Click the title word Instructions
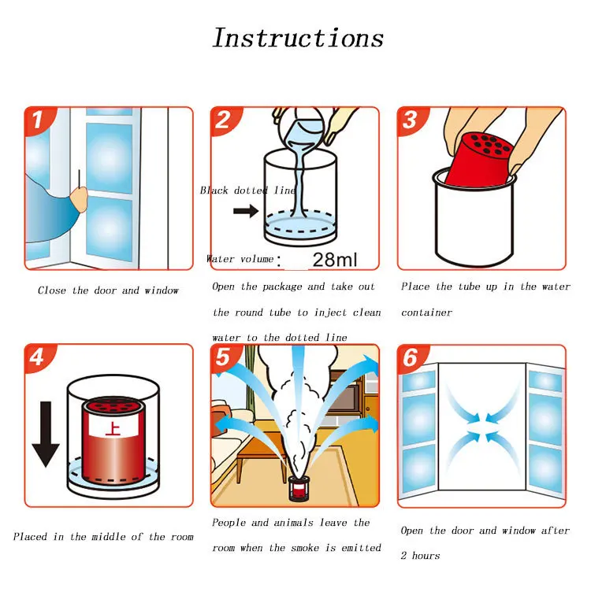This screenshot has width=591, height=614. tap(298, 38)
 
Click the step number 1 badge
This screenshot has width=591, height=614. tap(39, 120)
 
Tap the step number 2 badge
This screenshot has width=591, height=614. tap(224, 120)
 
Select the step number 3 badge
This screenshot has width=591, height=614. tap(411, 120)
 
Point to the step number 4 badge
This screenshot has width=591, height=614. tap(39, 357)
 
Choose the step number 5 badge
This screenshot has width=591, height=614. tap(224, 357)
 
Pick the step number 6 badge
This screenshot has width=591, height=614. tap(411, 357)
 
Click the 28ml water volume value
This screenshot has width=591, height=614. tap(335, 260)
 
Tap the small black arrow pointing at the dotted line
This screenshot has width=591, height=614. tap(246, 212)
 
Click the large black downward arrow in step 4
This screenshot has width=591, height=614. tap(46, 434)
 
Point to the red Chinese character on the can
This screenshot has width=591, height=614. tap(113, 430)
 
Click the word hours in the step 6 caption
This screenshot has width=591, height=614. tap(426, 556)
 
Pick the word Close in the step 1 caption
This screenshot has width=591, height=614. tap(52, 290)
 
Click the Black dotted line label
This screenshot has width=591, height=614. tap(247, 190)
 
